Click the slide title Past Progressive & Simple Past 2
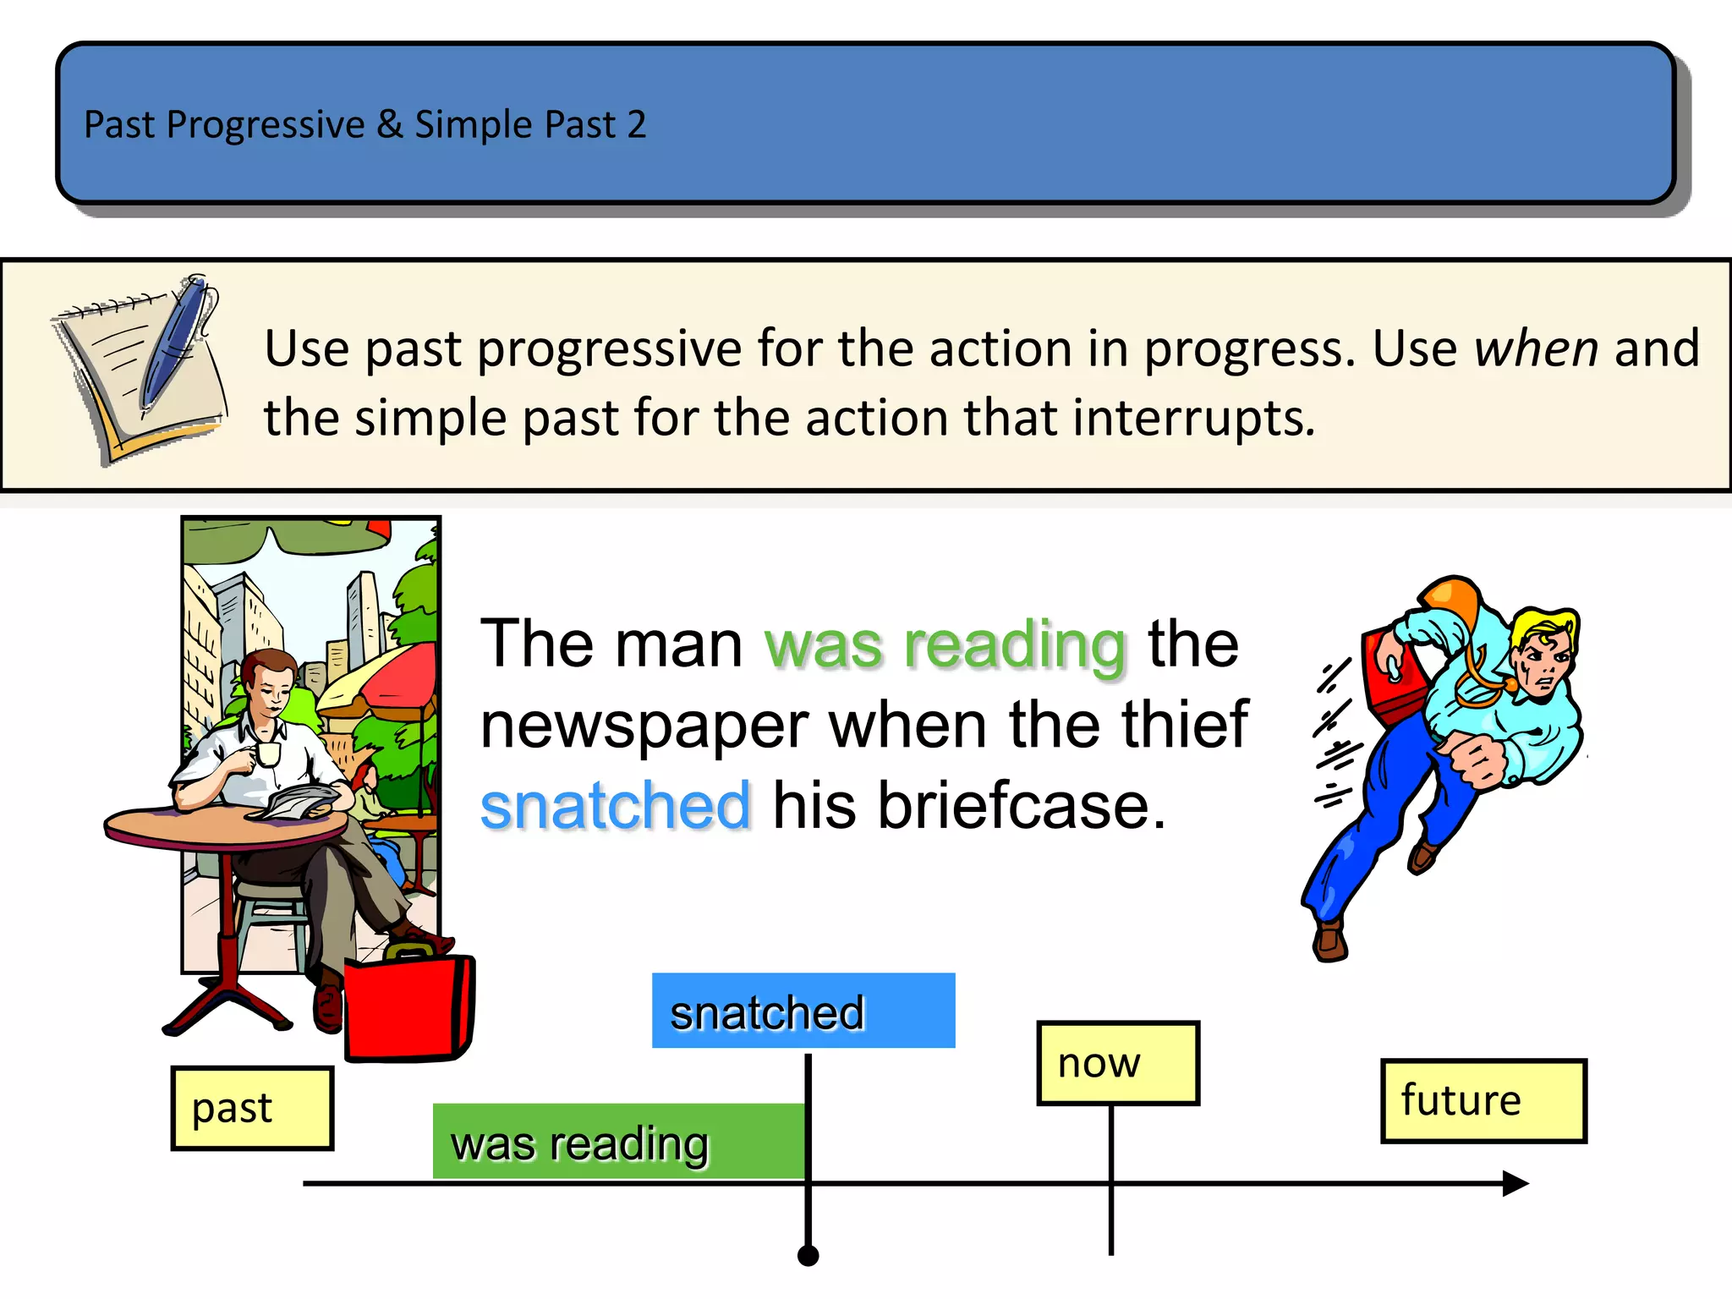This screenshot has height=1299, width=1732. click(364, 125)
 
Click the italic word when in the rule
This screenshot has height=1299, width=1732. click(1536, 348)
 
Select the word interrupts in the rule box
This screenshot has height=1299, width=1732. click(1193, 419)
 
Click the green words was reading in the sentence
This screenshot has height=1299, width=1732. click(945, 645)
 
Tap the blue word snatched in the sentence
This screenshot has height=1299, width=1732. click(615, 806)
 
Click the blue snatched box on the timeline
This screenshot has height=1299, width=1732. click(803, 1011)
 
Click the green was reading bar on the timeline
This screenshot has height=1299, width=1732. click(618, 1142)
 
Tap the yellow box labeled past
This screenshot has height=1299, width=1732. click(252, 1108)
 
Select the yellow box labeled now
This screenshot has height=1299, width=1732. click(1117, 1063)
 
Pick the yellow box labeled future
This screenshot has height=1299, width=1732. click(1483, 1100)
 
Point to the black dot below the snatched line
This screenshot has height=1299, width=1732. click(808, 1256)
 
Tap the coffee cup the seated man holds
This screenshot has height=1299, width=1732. click(267, 753)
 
